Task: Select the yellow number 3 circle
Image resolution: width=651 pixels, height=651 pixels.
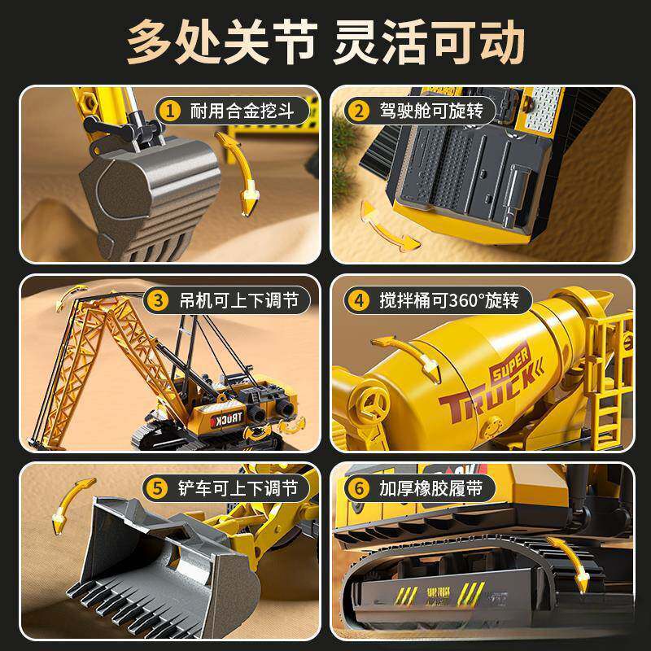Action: pos(158,300)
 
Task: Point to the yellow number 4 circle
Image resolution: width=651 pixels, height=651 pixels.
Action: pos(360,300)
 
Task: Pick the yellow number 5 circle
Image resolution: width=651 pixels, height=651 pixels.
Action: pos(158,489)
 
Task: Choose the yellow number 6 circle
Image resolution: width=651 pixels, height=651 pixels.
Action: pos(360,489)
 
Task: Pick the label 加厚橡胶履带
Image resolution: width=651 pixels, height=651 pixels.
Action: pos(428,489)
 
